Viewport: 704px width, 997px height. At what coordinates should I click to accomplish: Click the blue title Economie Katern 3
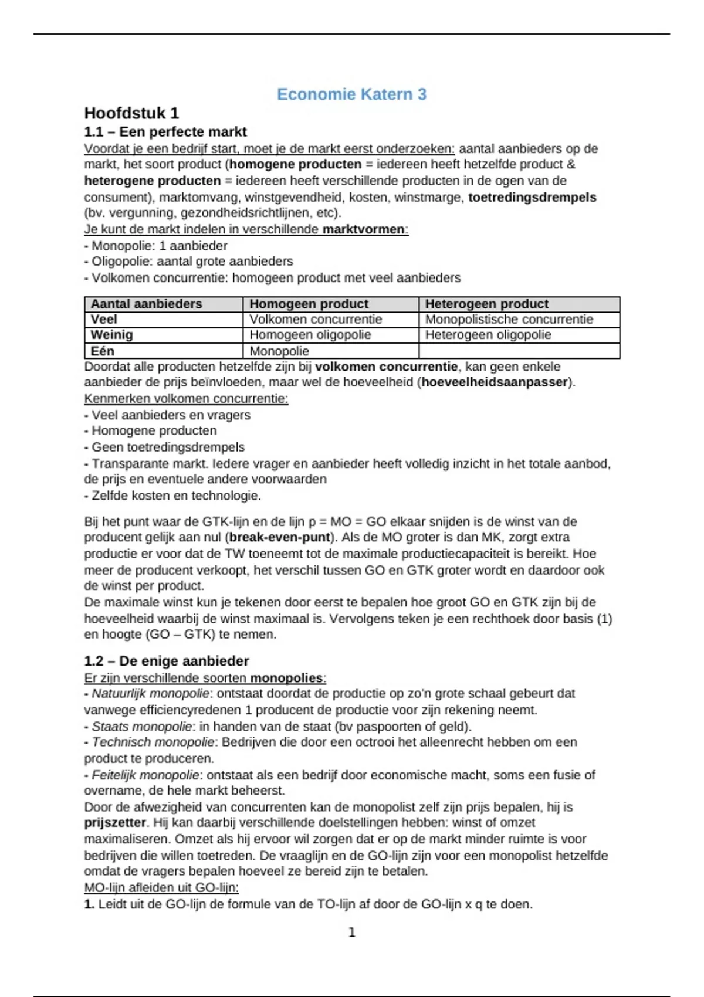(351, 94)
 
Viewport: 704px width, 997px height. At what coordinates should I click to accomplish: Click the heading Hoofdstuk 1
(131, 113)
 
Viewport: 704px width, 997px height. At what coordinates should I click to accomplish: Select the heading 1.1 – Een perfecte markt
(165, 132)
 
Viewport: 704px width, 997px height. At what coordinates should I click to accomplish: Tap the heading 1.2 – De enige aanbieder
(166, 661)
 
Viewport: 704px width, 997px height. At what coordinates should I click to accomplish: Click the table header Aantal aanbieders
(146, 304)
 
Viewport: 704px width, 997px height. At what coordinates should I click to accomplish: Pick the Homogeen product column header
(309, 304)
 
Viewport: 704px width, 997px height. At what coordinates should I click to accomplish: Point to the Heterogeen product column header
(486, 304)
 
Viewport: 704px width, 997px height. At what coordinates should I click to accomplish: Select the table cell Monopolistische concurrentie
(509, 320)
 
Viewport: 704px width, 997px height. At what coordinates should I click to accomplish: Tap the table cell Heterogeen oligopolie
(488, 335)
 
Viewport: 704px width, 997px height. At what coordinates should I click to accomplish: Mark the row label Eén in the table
(102, 351)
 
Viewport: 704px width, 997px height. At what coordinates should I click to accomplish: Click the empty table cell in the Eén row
(519, 351)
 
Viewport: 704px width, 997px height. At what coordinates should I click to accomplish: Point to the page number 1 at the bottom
(352, 932)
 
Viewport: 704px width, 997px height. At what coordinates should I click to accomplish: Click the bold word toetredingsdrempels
(532, 198)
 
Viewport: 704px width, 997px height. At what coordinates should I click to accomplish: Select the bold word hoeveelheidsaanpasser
(495, 382)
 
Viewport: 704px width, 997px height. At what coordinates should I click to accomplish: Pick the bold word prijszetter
(114, 823)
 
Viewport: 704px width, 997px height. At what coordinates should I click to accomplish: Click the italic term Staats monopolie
(141, 727)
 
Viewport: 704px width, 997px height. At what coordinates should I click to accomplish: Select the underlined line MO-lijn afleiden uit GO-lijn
(161, 887)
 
